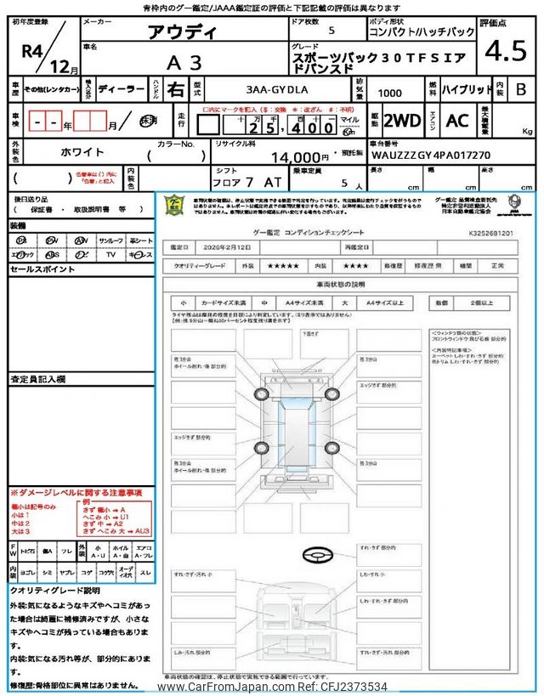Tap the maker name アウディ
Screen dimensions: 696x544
point(183,35)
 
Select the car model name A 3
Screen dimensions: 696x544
point(184,62)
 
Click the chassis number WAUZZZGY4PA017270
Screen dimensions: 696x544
point(431,156)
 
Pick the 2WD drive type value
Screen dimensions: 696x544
point(402,120)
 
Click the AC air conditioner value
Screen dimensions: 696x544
point(456,120)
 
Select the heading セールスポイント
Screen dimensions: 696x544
point(42,269)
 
